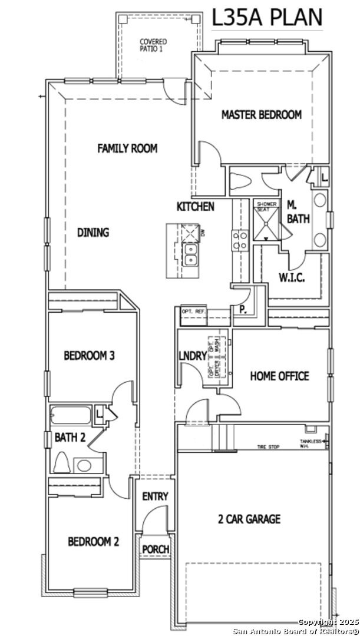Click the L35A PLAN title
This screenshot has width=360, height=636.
(x=267, y=17)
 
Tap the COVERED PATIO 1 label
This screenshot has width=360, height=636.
(x=153, y=45)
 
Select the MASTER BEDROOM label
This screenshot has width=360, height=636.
(x=261, y=115)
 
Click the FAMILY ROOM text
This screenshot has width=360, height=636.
(x=127, y=148)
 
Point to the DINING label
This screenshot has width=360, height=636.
(x=93, y=233)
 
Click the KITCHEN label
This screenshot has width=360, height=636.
(x=195, y=207)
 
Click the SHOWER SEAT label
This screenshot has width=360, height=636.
(x=266, y=207)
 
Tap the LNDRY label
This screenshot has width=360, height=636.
(x=193, y=356)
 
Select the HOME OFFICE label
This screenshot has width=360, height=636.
(x=279, y=376)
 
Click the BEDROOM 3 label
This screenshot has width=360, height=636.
(x=89, y=356)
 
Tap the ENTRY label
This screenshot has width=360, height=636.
(x=155, y=496)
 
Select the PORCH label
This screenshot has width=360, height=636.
(x=156, y=549)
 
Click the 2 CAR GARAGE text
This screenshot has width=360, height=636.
(x=249, y=519)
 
